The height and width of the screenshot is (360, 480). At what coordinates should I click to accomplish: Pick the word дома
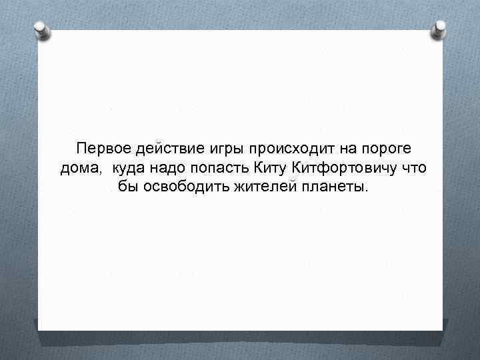tap(79, 167)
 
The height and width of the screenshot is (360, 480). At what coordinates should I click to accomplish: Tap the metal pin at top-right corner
tap(440, 28)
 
